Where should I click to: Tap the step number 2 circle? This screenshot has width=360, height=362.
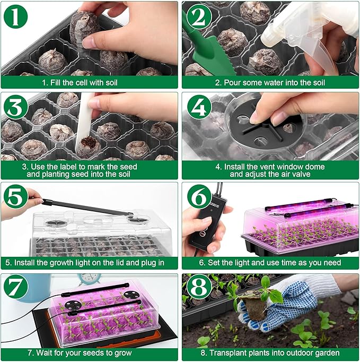198,18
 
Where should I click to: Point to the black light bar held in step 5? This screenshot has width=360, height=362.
85,206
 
